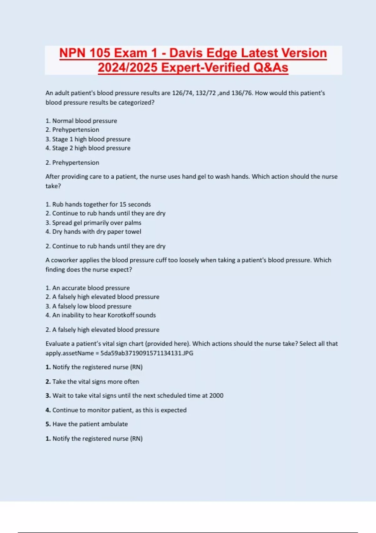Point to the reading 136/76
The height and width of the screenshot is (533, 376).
point(242,93)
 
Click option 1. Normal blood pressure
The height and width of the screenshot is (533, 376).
point(81,121)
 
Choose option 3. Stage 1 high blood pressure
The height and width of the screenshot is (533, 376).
point(88,139)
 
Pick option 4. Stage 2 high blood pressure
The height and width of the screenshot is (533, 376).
point(88,148)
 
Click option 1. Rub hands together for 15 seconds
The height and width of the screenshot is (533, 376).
point(98,204)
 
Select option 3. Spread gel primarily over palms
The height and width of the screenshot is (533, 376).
point(93,223)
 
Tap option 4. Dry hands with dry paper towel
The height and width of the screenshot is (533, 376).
point(93,232)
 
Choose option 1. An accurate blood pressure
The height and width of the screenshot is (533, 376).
point(88,288)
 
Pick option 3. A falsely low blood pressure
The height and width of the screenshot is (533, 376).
point(89,306)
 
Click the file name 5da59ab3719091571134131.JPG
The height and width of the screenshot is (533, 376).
point(147,353)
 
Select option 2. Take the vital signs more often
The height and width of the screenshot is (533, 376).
point(92,382)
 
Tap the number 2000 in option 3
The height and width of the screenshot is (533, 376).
point(216,396)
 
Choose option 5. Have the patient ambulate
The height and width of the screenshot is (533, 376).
point(87,424)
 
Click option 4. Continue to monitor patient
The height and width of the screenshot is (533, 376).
point(116,410)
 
